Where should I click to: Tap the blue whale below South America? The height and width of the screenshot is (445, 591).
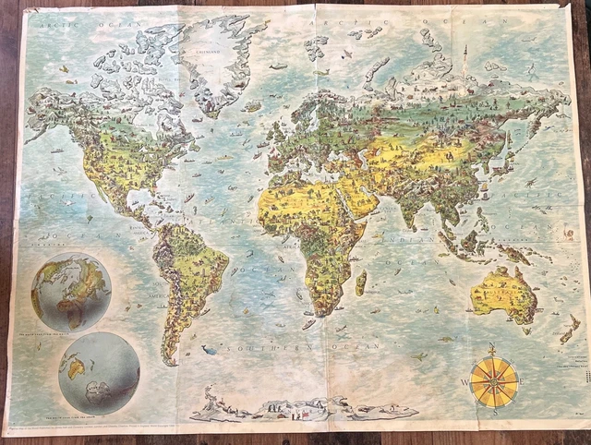(x=210, y=349)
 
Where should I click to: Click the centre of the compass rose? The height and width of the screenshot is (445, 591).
(x=494, y=380)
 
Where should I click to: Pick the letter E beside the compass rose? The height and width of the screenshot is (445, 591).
(x=525, y=380)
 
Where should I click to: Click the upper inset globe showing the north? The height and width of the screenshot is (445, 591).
(x=71, y=292)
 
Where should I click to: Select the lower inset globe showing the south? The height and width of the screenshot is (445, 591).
(x=99, y=372)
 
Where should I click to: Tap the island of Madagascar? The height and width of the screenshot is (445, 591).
(x=361, y=281)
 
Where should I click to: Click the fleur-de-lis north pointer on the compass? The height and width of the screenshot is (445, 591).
(x=494, y=352)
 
